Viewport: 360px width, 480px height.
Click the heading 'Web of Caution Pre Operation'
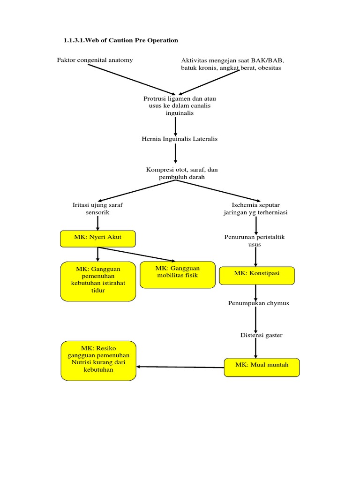[x=121, y=40]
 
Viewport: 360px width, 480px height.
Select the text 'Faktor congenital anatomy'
[x=95, y=60]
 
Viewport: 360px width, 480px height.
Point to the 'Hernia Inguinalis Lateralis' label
[x=180, y=139]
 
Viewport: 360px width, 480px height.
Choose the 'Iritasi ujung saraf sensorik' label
[x=97, y=209]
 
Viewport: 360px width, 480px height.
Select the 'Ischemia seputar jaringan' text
[x=255, y=209]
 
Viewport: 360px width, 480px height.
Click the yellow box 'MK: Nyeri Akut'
[x=97, y=238]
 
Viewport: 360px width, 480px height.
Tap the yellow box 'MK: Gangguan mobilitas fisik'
[x=177, y=274]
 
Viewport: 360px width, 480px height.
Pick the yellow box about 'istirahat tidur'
[x=98, y=281]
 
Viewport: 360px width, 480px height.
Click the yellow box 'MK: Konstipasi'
[x=256, y=275]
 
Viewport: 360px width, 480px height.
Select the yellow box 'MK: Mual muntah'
[x=262, y=367]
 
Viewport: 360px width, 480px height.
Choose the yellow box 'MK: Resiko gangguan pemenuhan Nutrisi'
[x=98, y=360]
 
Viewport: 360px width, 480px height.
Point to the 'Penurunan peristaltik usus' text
[x=255, y=240]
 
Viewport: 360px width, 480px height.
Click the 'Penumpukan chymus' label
[x=258, y=303]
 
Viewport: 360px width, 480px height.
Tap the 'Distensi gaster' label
[x=261, y=335]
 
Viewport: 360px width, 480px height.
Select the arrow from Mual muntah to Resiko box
[x=180, y=367]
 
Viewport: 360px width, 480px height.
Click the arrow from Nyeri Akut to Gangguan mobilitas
[x=136, y=254]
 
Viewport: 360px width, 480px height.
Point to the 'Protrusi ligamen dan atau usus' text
[x=179, y=106]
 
